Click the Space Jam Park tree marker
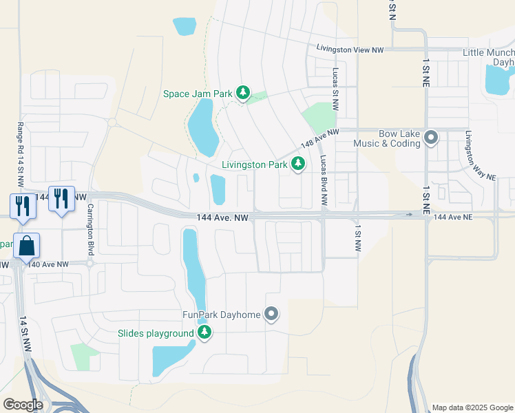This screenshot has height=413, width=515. [x=242, y=93]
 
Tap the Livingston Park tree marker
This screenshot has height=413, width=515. [x=298, y=164]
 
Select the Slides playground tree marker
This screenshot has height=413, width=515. [x=204, y=333]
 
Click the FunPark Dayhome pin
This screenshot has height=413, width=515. [x=271, y=315]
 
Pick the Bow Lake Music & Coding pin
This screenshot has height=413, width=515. [x=431, y=137]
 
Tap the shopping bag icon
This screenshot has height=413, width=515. [x=26, y=246]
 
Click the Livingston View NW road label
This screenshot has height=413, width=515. [x=351, y=48]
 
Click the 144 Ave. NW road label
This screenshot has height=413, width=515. [x=220, y=217]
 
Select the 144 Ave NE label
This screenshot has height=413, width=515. [x=453, y=217]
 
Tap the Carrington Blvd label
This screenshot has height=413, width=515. [x=90, y=231]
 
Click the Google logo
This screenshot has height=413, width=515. [x=23, y=405]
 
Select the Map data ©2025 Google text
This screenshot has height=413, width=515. [x=472, y=408]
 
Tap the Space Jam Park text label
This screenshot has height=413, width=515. [x=198, y=94]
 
